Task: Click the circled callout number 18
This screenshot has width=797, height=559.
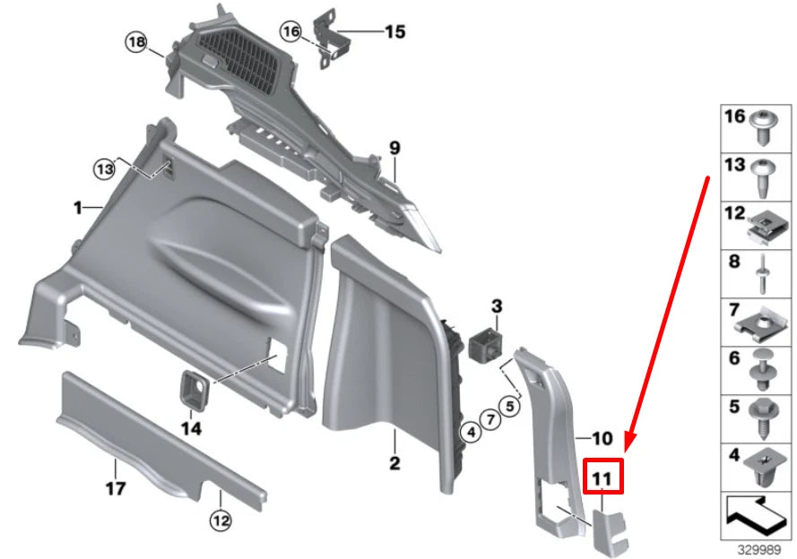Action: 134,42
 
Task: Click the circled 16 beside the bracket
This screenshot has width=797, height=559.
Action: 290,31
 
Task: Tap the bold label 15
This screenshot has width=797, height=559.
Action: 394,32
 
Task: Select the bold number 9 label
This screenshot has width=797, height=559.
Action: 394,148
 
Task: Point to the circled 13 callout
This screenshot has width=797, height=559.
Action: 106,168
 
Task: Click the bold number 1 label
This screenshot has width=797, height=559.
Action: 79,208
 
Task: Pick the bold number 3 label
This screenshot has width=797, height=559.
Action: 496,307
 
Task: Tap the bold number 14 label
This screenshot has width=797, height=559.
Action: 192,428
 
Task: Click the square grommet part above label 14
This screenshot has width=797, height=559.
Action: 193,387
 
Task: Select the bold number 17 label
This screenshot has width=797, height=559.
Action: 116,488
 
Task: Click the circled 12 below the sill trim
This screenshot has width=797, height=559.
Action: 221,519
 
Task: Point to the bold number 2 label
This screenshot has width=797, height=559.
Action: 395,463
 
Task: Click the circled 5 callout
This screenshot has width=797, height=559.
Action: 510,406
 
